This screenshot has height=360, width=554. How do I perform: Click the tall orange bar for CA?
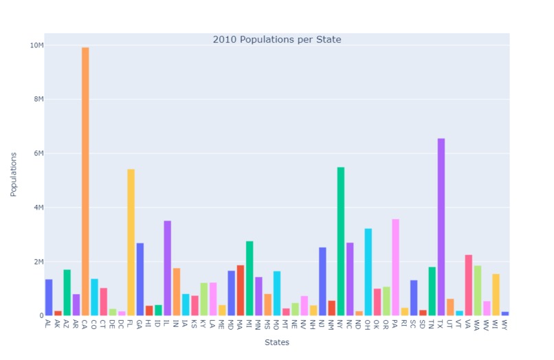click(85, 181)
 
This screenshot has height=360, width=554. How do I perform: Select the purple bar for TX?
click(441, 227)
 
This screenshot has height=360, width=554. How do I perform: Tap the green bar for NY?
click(340, 241)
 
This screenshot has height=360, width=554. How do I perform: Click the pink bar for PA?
click(395, 267)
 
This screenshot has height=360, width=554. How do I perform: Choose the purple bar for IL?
click(167, 268)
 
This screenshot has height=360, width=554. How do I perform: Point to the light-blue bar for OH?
click(368, 272)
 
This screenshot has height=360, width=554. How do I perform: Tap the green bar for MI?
click(250, 278)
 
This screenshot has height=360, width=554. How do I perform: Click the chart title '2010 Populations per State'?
click(277, 40)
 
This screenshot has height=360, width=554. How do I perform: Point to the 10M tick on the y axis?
click(36, 45)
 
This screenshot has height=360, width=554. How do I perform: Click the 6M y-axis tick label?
click(36, 153)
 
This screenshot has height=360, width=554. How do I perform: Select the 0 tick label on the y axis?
click(40, 316)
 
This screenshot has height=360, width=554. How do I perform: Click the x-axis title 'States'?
click(277, 342)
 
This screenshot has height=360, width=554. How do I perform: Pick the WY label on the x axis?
click(504, 324)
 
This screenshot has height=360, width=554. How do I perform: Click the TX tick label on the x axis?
click(440, 324)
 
